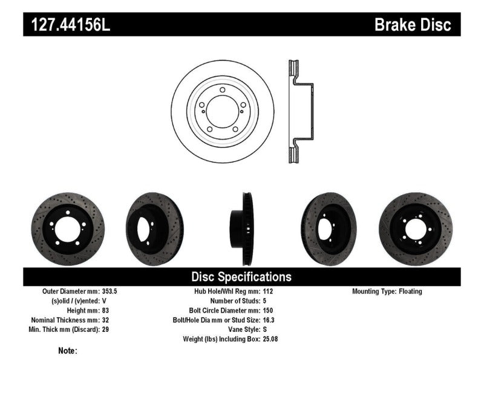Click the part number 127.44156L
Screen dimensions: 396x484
pos(67,25)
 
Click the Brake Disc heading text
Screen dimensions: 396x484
pos(413,25)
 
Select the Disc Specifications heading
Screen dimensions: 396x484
pos(241,277)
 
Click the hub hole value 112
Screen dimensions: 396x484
pos(267,291)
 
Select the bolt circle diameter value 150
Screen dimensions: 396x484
pos(267,310)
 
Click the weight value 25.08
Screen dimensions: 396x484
pos(270,339)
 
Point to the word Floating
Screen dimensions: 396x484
pos(410,291)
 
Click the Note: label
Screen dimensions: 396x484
pos(68,351)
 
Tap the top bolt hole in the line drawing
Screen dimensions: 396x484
pos(223,90)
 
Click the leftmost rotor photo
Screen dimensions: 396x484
pos(67,229)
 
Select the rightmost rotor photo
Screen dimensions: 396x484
pos(415,229)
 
